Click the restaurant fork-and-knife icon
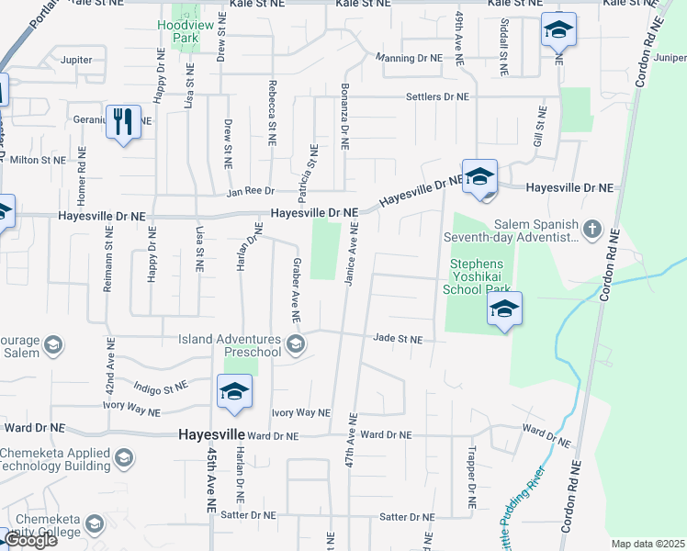click(122, 121)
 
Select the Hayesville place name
click(211, 433)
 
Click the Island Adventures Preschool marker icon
click(295, 344)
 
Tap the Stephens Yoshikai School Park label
click(479, 276)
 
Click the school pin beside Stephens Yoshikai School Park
click(504, 309)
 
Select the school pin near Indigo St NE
click(234, 392)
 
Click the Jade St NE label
click(398, 339)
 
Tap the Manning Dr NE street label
click(410, 58)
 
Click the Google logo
click(29, 540)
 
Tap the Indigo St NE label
click(160, 387)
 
